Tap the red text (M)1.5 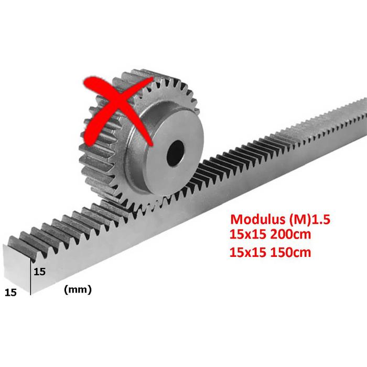pyautogui.click(x=309, y=219)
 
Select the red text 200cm pyautogui.click(x=290, y=234)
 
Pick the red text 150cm pyautogui.click(x=290, y=252)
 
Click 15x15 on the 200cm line pyautogui.click(x=248, y=234)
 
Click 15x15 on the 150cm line pyautogui.click(x=248, y=252)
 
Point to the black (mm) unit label pyautogui.click(x=78, y=290)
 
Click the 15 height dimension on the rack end pyautogui.click(x=39, y=272)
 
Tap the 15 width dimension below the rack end pyautogui.click(x=11, y=293)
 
